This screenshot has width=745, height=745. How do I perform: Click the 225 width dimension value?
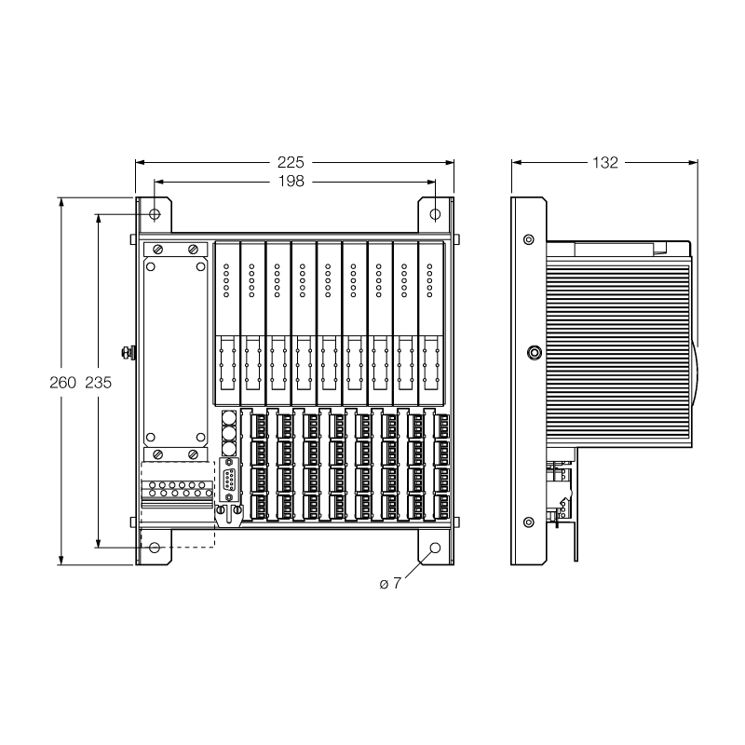tap(291, 162)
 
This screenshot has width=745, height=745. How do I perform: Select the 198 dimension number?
tap(291, 181)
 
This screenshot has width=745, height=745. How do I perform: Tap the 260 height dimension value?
tap(62, 382)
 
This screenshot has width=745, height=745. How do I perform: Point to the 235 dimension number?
tap(99, 382)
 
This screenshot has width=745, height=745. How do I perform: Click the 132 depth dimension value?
tap(604, 162)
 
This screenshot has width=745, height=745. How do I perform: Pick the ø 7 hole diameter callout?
tap(390, 583)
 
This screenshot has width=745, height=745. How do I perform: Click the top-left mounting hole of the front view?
tap(155, 214)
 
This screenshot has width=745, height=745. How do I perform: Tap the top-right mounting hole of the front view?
tap(435, 214)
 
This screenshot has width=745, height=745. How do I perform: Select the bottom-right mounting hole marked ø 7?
tap(435, 548)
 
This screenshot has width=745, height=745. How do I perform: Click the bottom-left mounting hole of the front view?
tap(155, 548)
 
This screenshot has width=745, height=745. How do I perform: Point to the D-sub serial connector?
tap(230, 480)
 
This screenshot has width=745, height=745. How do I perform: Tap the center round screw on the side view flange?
tap(535, 353)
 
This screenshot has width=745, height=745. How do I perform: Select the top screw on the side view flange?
tap(528, 239)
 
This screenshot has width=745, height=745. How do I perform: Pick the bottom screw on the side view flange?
tap(528, 522)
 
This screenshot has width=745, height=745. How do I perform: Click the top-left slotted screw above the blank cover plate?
tap(158, 249)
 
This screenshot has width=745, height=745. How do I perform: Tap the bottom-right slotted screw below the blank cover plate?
tap(193, 454)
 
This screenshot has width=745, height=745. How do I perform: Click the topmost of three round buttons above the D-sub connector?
tap(229, 418)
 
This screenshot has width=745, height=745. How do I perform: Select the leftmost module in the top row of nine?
tap(227, 322)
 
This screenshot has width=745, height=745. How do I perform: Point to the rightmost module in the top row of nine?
tap(431, 322)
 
